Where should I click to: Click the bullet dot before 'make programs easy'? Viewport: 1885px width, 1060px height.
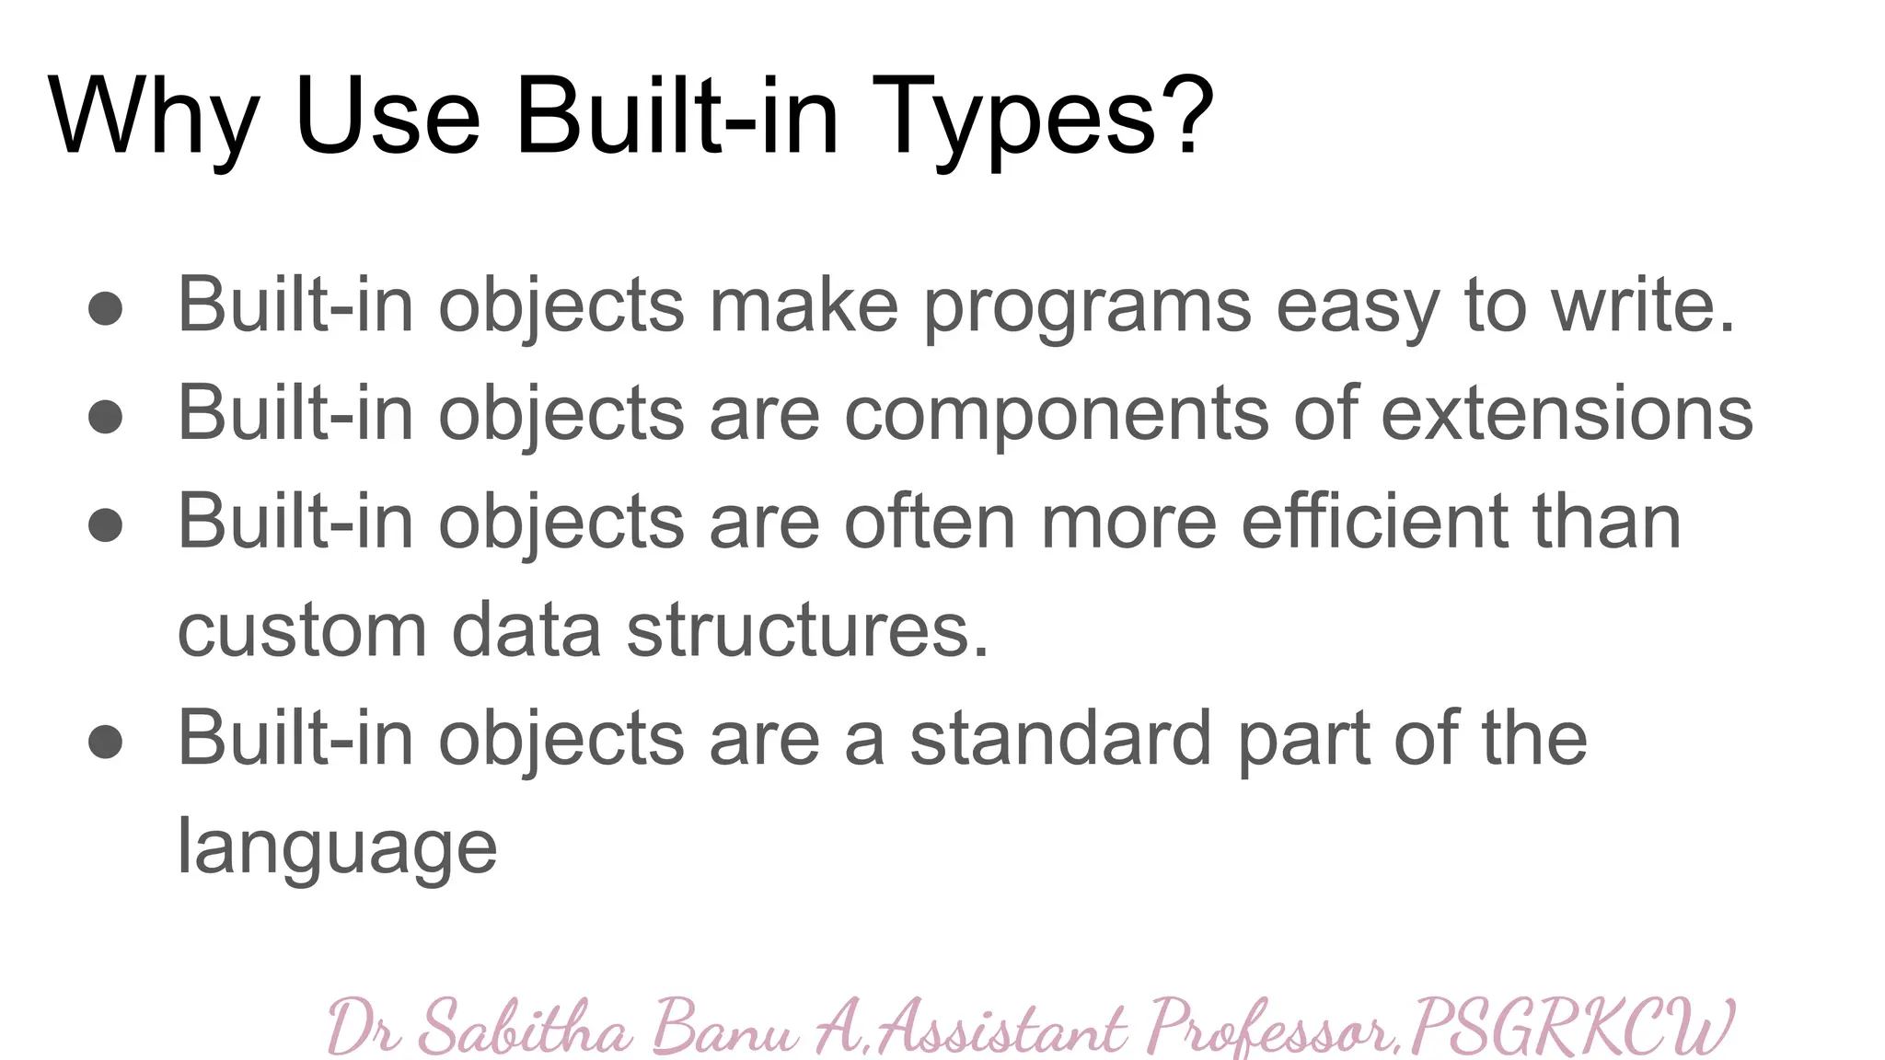point(106,308)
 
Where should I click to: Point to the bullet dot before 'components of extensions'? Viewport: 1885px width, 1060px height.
point(106,416)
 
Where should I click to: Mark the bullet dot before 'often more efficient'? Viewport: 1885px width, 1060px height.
point(106,524)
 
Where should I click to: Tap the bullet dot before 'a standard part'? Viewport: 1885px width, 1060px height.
point(106,742)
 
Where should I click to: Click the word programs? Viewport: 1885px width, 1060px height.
point(1087,308)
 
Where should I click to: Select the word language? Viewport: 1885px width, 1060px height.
point(337,849)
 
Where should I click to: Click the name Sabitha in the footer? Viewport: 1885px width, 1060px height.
point(526,1029)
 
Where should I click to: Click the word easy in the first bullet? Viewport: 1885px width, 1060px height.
point(1357,308)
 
